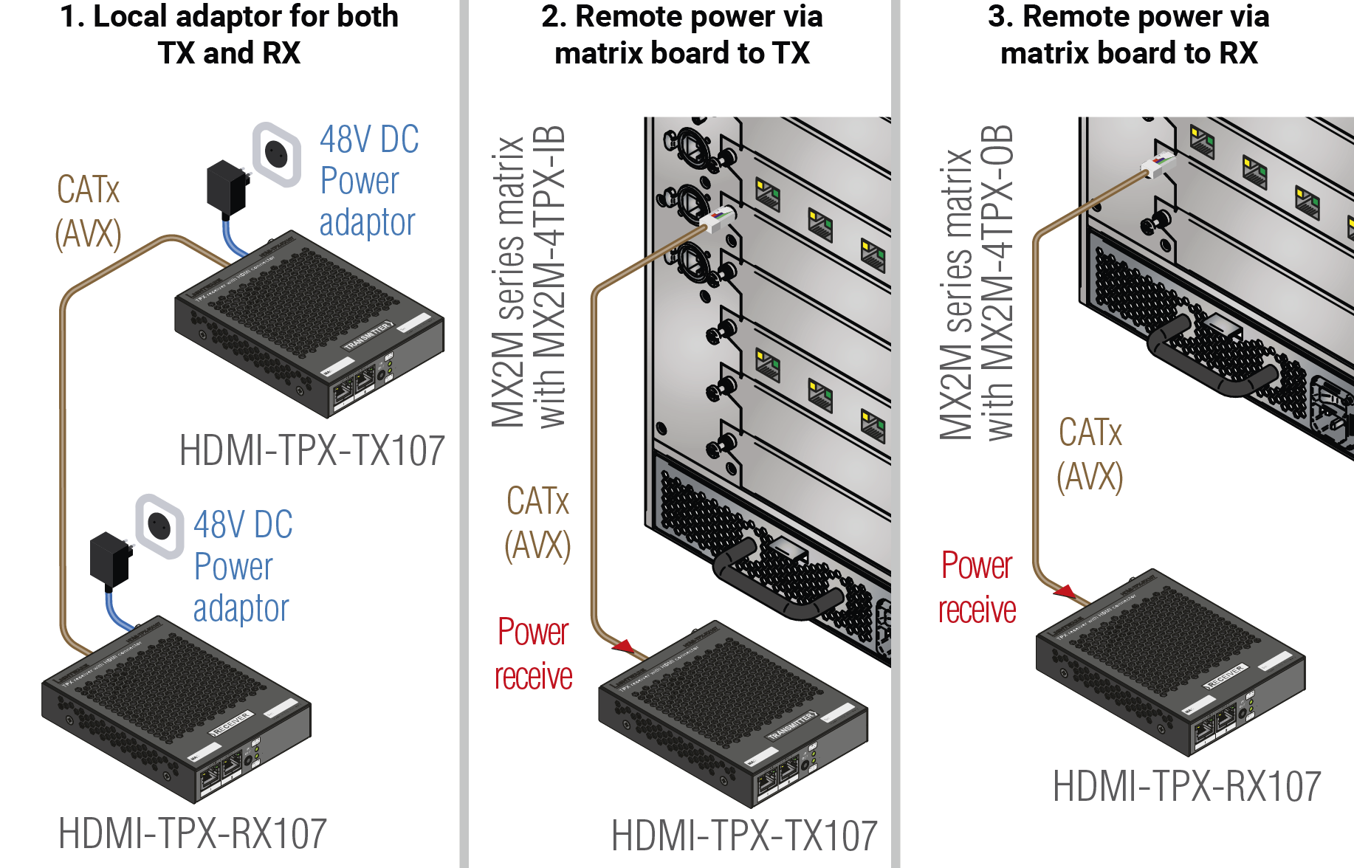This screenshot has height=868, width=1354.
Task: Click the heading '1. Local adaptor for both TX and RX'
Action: tap(229, 34)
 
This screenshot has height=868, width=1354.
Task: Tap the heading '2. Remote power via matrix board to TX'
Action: tap(681, 34)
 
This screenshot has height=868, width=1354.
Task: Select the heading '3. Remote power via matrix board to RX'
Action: tap(1128, 34)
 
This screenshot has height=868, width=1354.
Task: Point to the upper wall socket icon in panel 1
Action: tap(277, 154)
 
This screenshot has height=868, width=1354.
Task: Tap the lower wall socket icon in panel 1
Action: tap(159, 526)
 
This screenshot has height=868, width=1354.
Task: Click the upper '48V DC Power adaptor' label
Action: tap(368, 181)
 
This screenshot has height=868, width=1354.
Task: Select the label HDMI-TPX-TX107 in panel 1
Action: tap(312, 450)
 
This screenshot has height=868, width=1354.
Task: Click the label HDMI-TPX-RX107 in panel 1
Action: tap(192, 833)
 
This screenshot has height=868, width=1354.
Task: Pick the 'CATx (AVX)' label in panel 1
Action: tap(88, 212)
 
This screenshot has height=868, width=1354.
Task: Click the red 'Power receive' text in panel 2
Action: tap(533, 654)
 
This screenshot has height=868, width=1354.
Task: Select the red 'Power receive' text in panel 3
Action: tap(977, 588)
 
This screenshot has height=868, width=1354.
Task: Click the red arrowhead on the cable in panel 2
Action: tap(625, 647)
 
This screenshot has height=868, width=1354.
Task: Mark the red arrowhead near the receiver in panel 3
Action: tap(1065, 591)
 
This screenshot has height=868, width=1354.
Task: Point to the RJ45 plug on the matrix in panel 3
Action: tap(1158, 164)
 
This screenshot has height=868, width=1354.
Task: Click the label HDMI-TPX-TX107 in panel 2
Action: tap(744, 836)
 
